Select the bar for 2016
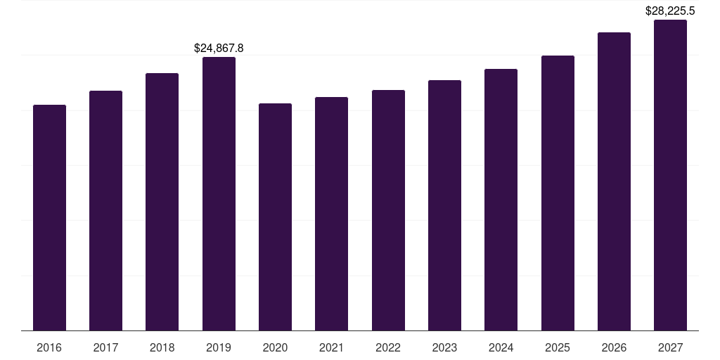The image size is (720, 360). (x=49, y=218)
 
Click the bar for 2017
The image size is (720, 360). (x=105, y=211)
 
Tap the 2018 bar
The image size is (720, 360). (x=162, y=202)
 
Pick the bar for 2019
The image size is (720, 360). (x=219, y=194)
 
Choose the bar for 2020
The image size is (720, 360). (x=275, y=217)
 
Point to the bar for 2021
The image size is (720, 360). (x=331, y=214)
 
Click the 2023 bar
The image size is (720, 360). (x=444, y=205)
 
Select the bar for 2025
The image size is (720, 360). (x=558, y=193)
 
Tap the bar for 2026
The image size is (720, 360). (x=614, y=181)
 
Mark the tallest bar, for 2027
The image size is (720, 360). (x=670, y=175)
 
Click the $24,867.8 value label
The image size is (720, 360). (x=219, y=49)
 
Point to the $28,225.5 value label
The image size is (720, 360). (x=670, y=11)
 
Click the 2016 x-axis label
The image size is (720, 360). (x=49, y=348)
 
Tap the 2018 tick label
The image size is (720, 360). (x=162, y=348)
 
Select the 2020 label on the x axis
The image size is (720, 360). (x=275, y=348)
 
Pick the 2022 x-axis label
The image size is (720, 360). (x=388, y=348)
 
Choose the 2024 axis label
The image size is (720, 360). (x=501, y=348)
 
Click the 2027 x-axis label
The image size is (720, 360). (x=670, y=348)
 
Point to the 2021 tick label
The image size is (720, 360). (x=331, y=348)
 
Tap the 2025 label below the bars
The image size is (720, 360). (x=558, y=348)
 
